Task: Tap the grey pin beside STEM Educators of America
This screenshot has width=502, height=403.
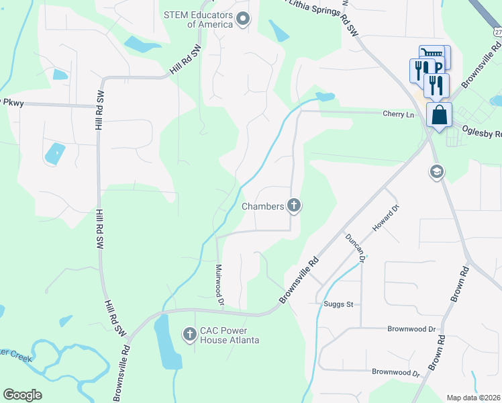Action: click(x=243, y=19)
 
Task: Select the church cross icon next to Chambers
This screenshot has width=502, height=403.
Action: click(x=293, y=206)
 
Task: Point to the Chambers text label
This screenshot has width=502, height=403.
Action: click(x=263, y=206)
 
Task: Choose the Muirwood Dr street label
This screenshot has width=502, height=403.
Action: click(x=219, y=285)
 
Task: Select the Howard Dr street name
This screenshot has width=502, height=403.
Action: click(x=386, y=219)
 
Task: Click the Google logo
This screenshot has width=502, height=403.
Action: click(x=22, y=395)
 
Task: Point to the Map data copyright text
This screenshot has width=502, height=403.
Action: click(x=473, y=398)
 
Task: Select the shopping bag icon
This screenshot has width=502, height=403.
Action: click(x=439, y=115)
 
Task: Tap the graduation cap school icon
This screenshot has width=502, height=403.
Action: click(x=436, y=173)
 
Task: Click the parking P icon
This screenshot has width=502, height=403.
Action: click(x=438, y=67)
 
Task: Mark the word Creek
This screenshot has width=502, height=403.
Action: click(x=20, y=357)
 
